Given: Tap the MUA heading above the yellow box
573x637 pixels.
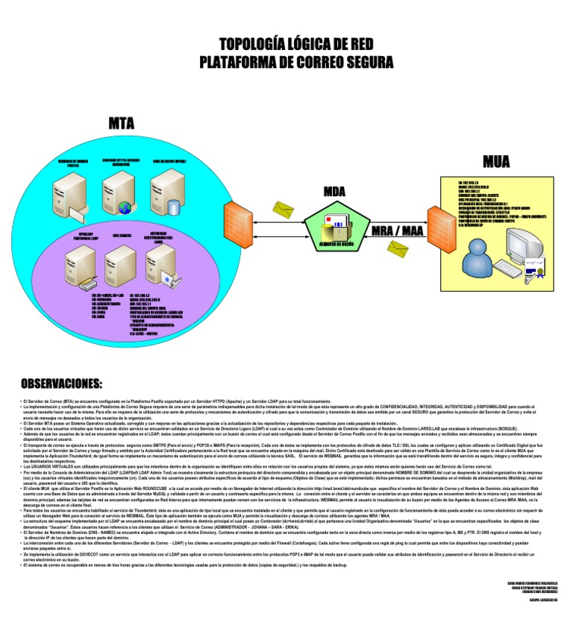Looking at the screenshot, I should tap(496, 160).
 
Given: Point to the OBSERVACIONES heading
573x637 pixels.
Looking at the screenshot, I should tap(61, 383).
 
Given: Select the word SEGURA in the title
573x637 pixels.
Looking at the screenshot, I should tap(362, 61).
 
